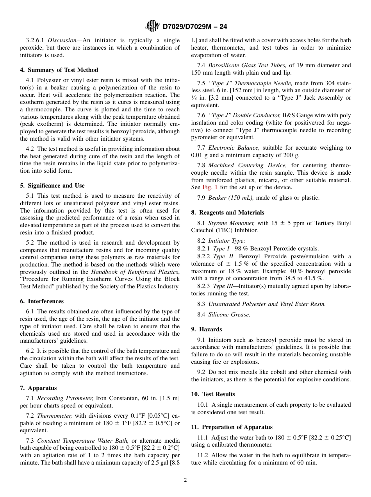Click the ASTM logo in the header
(x=152, y=26)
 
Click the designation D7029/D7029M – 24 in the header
(x=194, y=27)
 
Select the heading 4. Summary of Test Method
(x=59, y=70)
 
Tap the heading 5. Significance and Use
(x=52, y=186)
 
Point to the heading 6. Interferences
(x=42, y=301)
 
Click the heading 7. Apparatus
(x=38, y=388)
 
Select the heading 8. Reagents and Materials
(x=228, y=213)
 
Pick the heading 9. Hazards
(x=207, y=329)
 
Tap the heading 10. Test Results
(x=213, y=394)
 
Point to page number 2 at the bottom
(x=185, y=480)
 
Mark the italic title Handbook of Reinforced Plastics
(x=135, y=272)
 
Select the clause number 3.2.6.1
(x=36, y=40)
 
